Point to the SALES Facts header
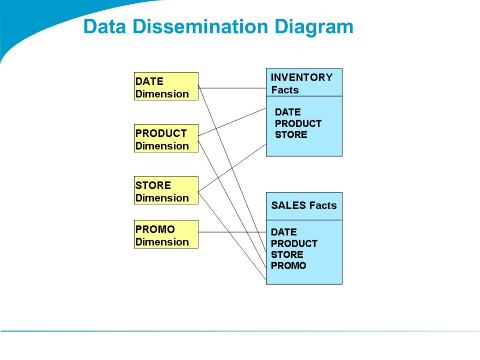point(304,206)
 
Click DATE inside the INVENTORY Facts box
point(288,112)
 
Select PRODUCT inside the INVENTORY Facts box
point(298,124)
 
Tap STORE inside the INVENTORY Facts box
point(291,135)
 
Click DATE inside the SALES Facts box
point(284,232)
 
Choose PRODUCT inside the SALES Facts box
point(294,244)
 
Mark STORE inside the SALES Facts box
point(287,255)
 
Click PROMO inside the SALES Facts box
point(289,266)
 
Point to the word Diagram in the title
point(314,27)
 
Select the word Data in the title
point(105,27)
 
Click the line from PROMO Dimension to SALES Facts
point(232,232)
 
